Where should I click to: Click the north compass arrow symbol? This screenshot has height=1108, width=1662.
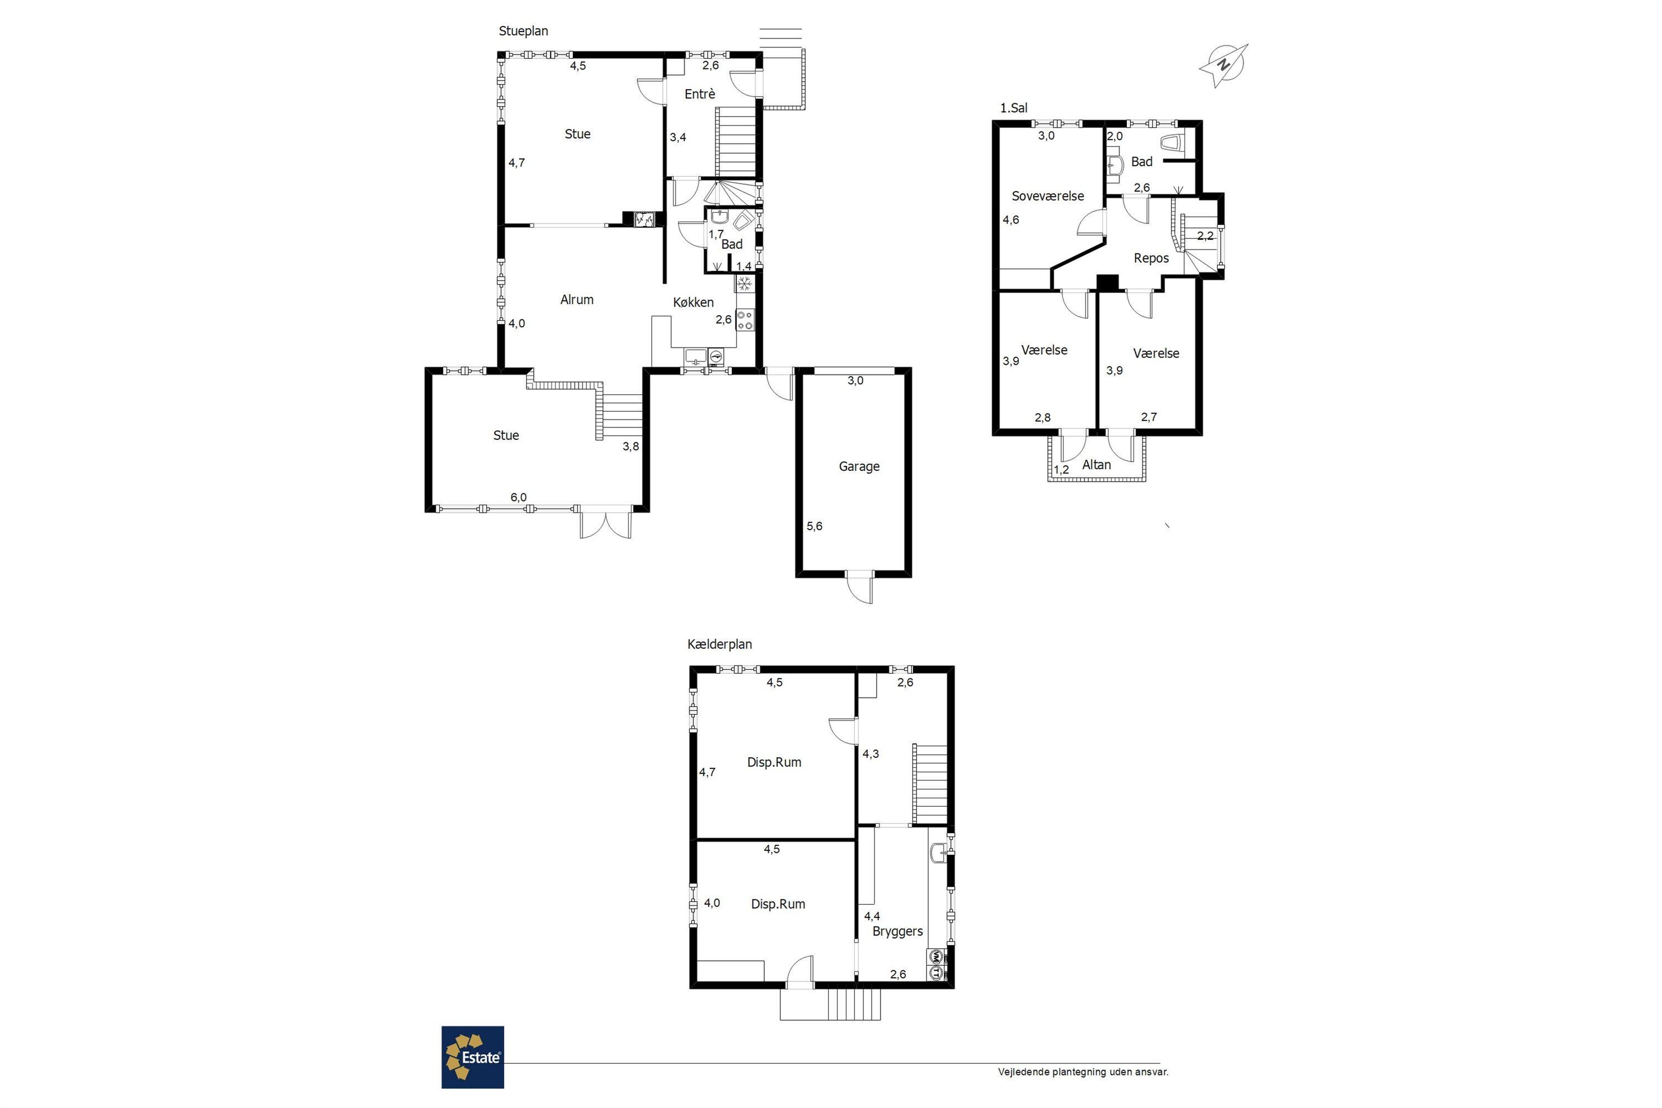point(1223,65)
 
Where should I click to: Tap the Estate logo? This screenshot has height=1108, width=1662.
point(473,1057)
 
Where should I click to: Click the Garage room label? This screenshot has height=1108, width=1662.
point(859,466)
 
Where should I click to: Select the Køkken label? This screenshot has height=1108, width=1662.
point(693,302)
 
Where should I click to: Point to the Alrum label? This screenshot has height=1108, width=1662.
point(577,300)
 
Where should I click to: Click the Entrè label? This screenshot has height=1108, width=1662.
point(700,94)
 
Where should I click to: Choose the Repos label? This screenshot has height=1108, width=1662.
point(1151,259)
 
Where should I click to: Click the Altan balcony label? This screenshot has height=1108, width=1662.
point(1097,465)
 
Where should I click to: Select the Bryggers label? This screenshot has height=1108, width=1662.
point(897,932)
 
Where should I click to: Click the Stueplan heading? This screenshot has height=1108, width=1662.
point(524,31)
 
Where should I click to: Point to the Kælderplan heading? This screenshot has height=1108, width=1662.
point(719,644)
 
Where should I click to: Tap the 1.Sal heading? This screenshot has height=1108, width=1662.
point(1013,108)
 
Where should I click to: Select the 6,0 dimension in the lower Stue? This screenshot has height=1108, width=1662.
point(519,497)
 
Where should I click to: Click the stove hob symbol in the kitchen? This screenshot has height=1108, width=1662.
point(745,320)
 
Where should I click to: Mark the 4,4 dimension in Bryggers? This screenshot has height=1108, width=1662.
point(872,916)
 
